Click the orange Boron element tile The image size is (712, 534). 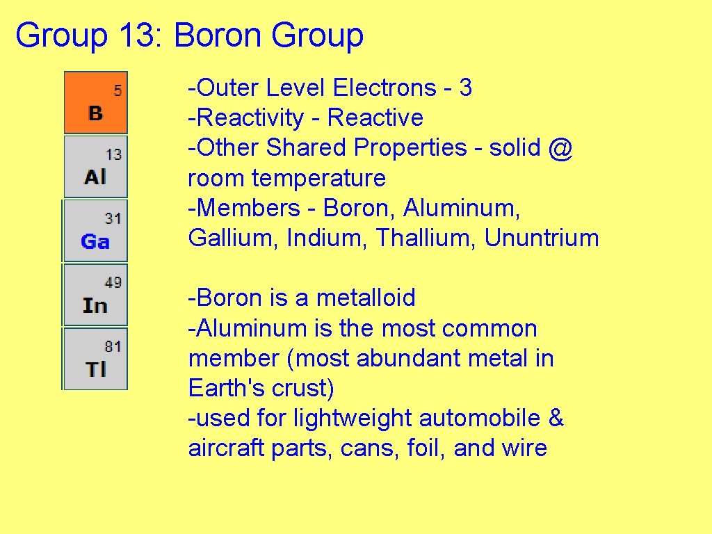(x=96, y=102)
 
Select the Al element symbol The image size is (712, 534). (x=95, y=177)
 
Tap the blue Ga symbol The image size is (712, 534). (x=95, y=242)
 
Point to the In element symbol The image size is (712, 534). (x=95, y=306)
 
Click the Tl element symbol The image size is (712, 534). (x=96, y=369)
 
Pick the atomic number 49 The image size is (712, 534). (x=113, y=282)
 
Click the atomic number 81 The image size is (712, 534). (x=113, y=346)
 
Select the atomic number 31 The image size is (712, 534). (x=113, y=218)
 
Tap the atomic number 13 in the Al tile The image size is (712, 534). (x=113, y=154)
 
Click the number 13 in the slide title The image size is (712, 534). (x=140, y=35)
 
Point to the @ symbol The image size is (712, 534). (x=560, y=148)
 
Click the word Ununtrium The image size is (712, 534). (x=542, y=238)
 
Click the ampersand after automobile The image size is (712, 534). (x=556, y=418)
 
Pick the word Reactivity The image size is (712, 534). (x=250, y=118)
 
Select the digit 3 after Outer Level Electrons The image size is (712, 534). (x=466, y=88)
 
